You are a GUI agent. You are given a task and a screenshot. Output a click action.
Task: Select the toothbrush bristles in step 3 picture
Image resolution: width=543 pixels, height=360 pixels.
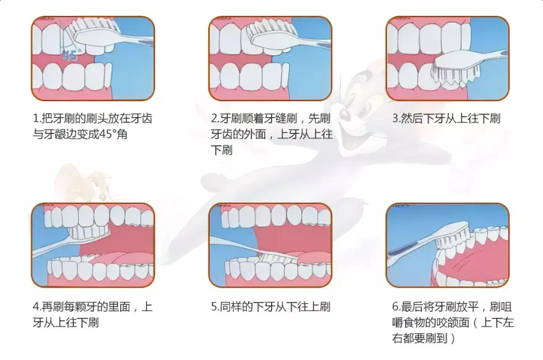[456, 75]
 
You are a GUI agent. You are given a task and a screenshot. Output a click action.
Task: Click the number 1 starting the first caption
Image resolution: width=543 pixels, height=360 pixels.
[35, 119]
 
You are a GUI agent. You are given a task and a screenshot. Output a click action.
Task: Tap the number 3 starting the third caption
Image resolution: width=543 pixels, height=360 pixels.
[395, 119]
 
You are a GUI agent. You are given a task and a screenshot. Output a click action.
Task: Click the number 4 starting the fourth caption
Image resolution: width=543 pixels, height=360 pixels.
[36, 307]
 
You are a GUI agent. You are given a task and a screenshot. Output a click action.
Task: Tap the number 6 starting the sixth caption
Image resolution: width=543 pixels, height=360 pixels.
[395, 307]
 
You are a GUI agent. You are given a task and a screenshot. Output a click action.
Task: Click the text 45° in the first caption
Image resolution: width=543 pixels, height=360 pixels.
[107, 134]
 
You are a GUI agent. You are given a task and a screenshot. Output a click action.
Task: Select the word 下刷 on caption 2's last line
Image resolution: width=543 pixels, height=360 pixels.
[222, 150]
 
